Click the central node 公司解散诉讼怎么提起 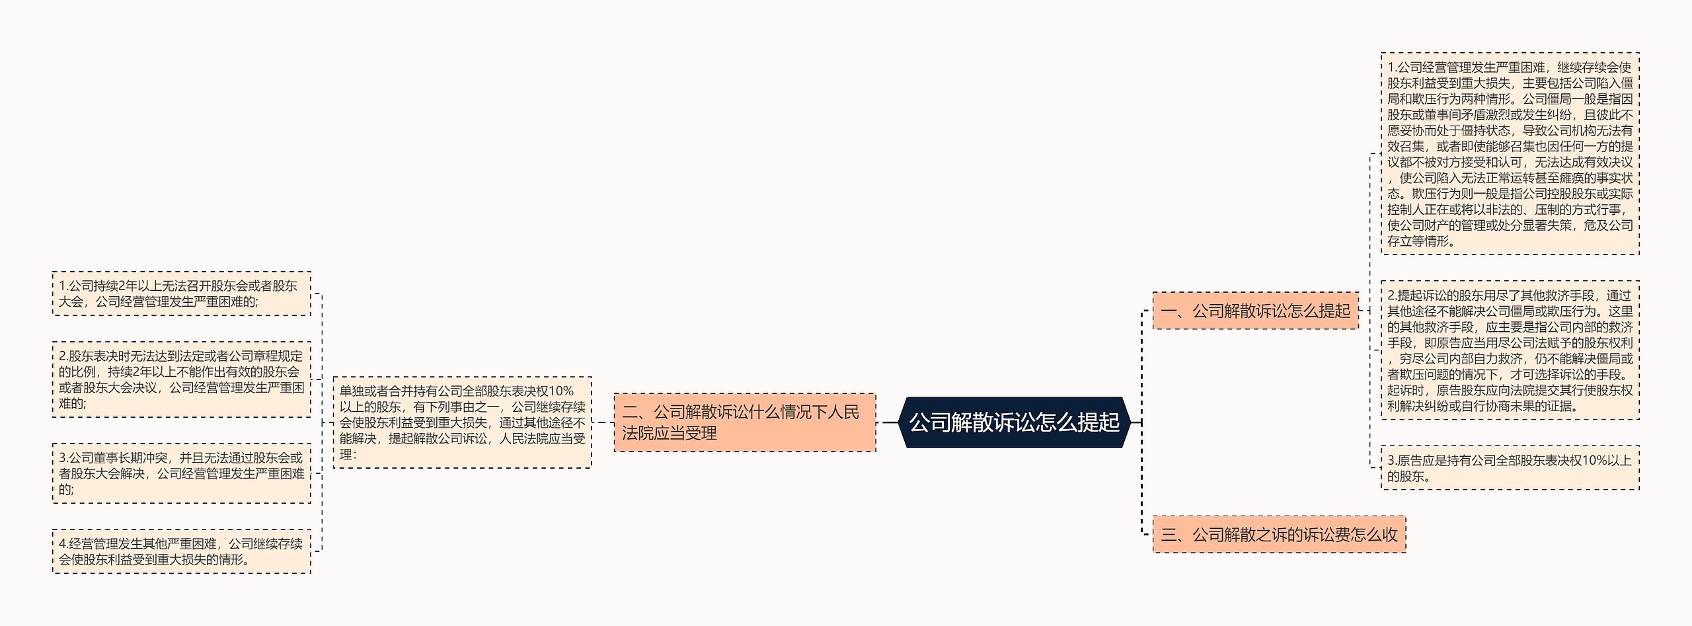(x=1014, y=422)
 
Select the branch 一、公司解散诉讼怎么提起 (x=1255, y=311)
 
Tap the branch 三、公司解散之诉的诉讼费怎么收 (x=1279, y=535)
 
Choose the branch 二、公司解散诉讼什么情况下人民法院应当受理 (x=744, y=423)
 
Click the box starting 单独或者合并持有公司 (x=462, y=423)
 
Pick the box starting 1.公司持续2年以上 (x=181, y=293)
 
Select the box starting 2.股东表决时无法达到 (x=181, y=379)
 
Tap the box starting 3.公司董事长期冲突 (x=181, y=473)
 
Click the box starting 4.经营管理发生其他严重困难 (x=181, y=551)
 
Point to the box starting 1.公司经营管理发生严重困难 (x=1510, y=154)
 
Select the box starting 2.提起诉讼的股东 (x=1510, y=350)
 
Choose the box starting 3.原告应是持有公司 (x=1510, y=468)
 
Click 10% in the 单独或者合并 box (x=561, y=391)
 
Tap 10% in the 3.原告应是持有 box (x=1596, y=461)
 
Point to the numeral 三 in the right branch (x=1168, y=535)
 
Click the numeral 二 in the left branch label (x=629, y=412)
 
